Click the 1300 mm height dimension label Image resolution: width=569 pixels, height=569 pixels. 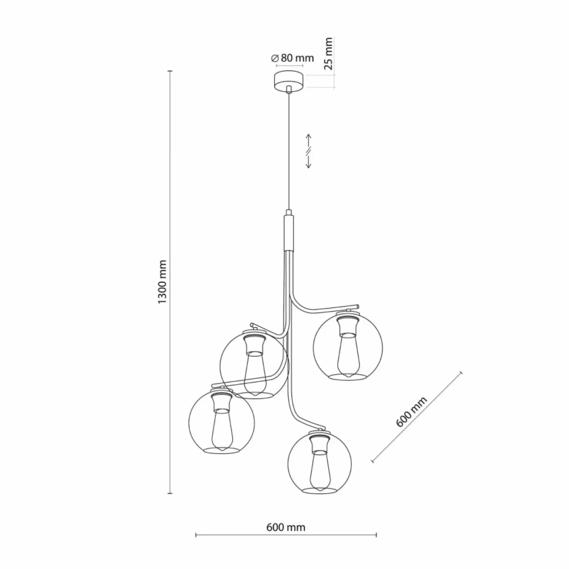point(162,282)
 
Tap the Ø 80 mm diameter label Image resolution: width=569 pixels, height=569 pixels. point(292,58)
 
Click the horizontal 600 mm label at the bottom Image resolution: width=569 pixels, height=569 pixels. point(286,527)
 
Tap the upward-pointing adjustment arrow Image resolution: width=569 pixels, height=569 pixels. point(308,140)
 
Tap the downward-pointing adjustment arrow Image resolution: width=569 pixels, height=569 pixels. point(308,162)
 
